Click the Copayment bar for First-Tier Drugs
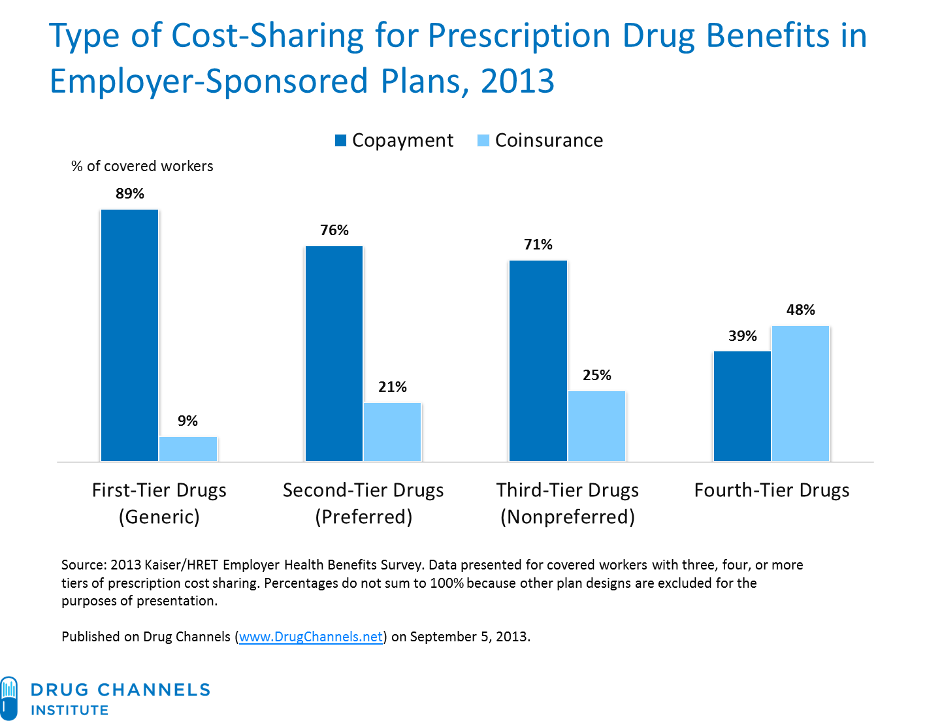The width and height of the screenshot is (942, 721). click(x=129, y=335)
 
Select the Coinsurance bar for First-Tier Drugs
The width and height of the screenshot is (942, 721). click(x=188, y=449)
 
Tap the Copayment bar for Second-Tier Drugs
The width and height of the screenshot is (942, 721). click(x=334, y=353)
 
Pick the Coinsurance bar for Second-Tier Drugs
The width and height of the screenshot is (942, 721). click(x=392, y=432)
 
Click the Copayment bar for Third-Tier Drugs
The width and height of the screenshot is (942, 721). click(x=538, y=360)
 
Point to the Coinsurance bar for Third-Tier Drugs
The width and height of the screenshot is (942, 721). click(x=596, y=426)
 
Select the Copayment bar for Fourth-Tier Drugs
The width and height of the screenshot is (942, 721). click(x=742, y=406)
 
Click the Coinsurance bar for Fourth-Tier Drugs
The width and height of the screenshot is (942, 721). click(x=800, y=393)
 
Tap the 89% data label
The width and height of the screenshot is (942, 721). click(x=129, y=193)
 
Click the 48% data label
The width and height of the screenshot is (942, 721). click(x=800, y=310)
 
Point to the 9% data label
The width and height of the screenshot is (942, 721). click(x=188, y=421)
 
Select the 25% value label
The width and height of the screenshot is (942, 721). click(x=596, y=375)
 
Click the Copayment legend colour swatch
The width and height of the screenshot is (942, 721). click(x=340, y=140)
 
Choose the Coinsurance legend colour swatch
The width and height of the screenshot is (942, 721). click(x=483, y=140)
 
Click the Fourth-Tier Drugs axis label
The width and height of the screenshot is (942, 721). click(x=771, y=490)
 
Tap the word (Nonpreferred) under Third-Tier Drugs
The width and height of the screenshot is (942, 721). click(x=567, y=517)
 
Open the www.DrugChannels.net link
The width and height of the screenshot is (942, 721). click(x=311, y=637)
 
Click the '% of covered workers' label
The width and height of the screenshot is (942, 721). click(x=142, y=167)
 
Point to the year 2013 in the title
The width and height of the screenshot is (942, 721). click(x=517, y=82)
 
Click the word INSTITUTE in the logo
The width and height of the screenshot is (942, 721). click(x=70, y=710)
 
